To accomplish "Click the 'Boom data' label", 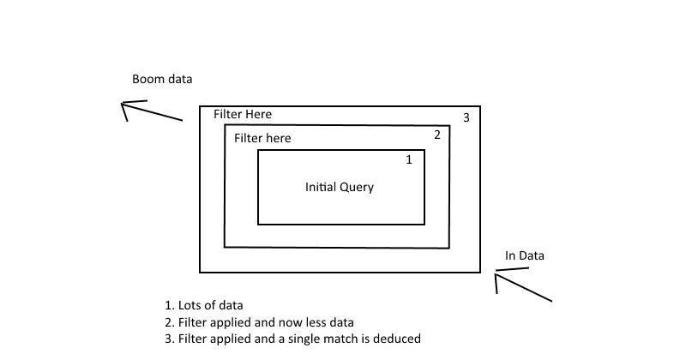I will [x=162, y=79].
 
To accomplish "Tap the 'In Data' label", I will [x=524, y=255].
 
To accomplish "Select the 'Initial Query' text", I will [x=340, y=187].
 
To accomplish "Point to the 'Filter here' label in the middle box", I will [x=262, y=138].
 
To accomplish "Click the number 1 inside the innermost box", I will [x=409, y=159].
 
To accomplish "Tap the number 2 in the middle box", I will [x=436, y=135].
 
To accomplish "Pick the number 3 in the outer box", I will [x=466, y=117].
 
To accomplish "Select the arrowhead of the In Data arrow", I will [x=497, y=274].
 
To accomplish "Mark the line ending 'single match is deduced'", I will [x=292, y=339].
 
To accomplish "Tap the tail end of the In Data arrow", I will [x=551, y=301].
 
